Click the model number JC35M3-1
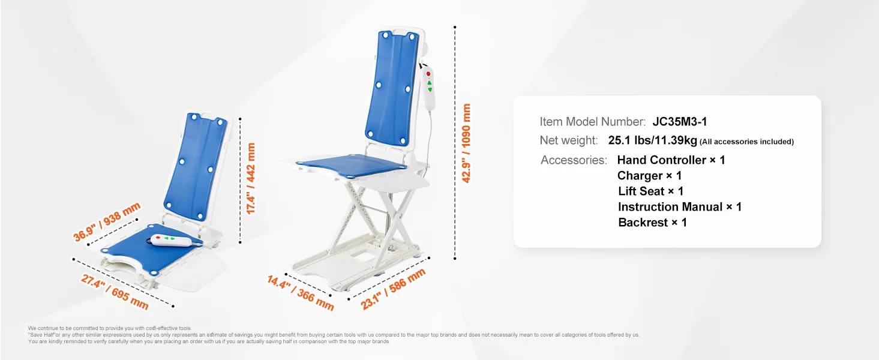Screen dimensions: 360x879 679,122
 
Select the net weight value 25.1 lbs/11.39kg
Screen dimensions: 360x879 652,141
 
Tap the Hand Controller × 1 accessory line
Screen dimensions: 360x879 671,160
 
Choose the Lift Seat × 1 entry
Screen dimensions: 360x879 650,191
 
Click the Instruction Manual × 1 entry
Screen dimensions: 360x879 680,207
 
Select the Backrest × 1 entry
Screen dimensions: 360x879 652,223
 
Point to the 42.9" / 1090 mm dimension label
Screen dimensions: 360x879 467,143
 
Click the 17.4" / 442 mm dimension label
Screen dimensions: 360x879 251,179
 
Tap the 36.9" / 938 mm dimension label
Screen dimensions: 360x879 107,222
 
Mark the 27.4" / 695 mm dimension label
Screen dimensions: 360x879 114,290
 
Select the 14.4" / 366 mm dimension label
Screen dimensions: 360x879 301,292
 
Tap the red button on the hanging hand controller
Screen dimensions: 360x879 428,74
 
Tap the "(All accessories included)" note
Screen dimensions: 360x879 746,142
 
